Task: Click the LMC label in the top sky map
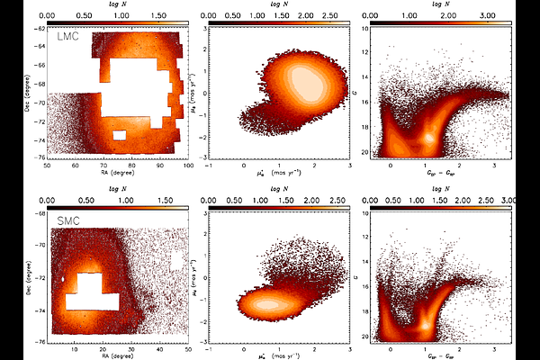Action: (x=68, y=38)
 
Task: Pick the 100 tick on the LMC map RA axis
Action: (x=187, y=166)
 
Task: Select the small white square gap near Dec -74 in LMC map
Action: (x=119, y=136)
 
